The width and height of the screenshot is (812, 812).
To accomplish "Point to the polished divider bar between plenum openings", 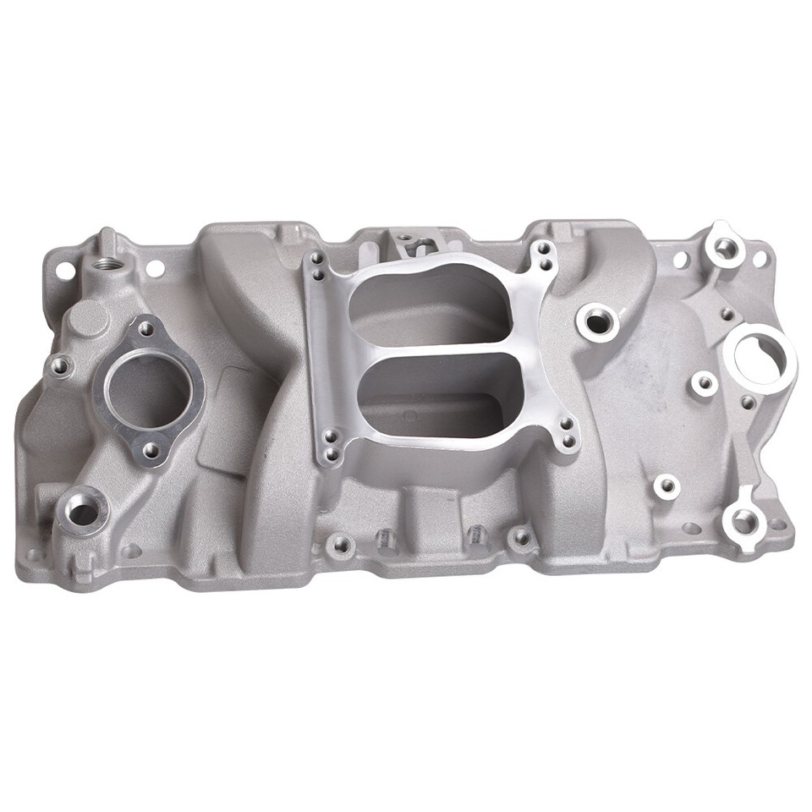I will tap(423, 349).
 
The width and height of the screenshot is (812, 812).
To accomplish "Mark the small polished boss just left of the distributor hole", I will tap(703, 383).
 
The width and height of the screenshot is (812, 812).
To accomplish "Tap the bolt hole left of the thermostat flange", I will tap(59, 366).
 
